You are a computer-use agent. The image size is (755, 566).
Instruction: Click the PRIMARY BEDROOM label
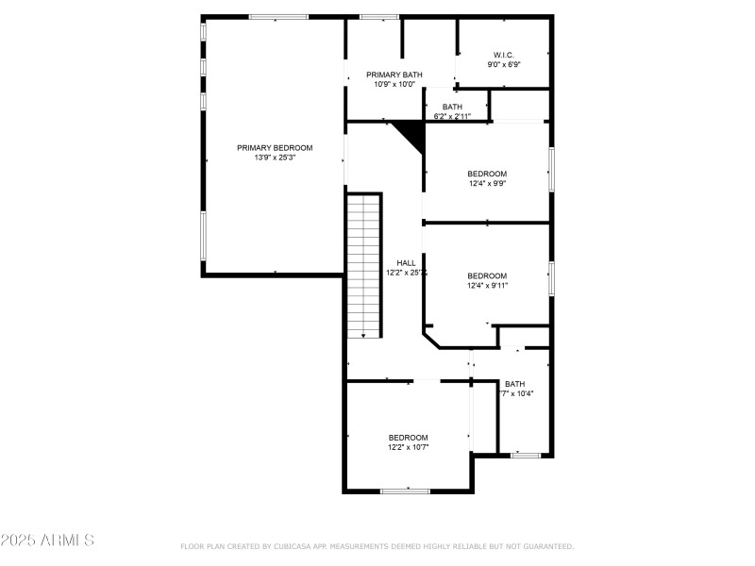tap(275, 147)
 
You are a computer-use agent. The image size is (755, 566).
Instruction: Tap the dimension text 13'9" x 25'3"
tap(275, 158)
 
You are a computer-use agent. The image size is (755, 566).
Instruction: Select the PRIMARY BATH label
tap(394, 75)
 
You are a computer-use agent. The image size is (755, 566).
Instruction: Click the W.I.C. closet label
tap(504, 55)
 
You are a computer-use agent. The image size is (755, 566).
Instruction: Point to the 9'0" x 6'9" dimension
tap(504, 65)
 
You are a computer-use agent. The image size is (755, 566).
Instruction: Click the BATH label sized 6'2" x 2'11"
tap(452, 107)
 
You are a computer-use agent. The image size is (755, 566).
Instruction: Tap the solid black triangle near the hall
tap(411, 133)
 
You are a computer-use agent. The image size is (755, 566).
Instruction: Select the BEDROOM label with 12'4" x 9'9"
tap(487, 174)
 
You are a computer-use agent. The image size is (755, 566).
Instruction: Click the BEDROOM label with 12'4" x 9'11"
tap(487, 275)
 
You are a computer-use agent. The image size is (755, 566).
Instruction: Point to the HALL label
tap(406, 263)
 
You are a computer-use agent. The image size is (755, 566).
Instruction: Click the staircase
tap(363, 264)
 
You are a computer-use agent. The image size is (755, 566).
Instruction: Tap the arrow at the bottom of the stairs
tap(363, 335)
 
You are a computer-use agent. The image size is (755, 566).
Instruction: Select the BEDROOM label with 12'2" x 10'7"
tap(408, 437)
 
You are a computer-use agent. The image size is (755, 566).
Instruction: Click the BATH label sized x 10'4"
tap(514, 384)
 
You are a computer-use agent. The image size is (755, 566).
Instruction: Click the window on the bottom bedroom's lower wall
tap(405, 490)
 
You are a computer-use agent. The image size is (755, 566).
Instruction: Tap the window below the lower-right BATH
tap(525, 456)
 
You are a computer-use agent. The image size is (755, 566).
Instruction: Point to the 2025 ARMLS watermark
tap(47, 541)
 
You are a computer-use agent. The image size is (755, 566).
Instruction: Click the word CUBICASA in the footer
tap(296, 546)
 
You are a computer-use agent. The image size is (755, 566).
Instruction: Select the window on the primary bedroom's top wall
tap(277, 16)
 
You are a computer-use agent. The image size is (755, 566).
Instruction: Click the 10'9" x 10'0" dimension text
tap(394, 85)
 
